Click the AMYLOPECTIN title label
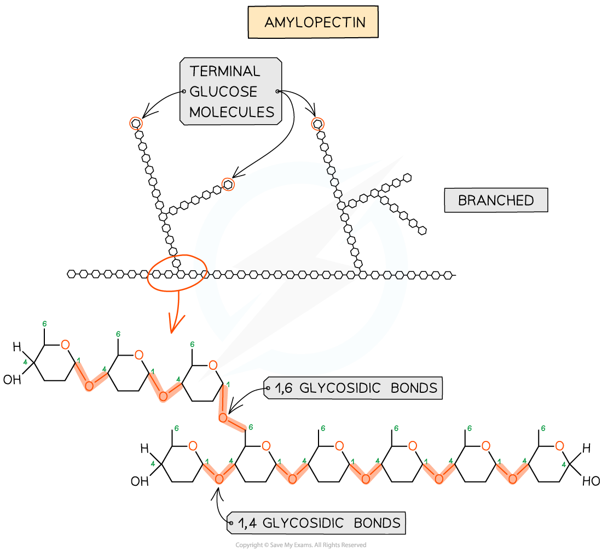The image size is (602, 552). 313,22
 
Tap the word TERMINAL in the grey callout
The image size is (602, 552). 224,71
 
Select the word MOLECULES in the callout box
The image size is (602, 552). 231,112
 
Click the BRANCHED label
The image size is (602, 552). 495,200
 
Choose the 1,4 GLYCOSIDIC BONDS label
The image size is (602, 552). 319,523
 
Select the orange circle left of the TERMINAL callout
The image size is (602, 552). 136,124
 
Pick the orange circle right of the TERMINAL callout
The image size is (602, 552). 317,124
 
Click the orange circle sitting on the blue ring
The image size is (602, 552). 228,184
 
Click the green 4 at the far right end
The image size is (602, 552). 564,465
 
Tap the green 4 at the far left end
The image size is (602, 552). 25,362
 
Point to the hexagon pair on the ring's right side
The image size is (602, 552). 396,275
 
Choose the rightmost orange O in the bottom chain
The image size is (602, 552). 559,446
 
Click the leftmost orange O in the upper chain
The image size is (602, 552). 65,345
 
